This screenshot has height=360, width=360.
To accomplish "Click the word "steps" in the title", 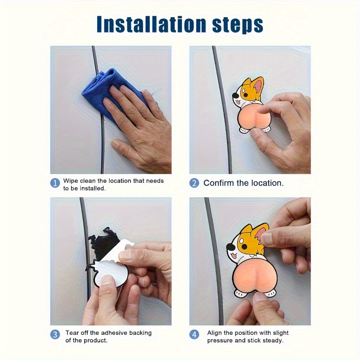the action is point(238,25).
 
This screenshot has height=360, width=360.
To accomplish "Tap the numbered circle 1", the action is point(55,183).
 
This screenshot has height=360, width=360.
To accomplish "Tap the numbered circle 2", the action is point(194,183).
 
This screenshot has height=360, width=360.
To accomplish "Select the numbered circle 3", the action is point(55,334).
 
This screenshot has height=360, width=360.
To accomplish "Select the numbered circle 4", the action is point(194,334).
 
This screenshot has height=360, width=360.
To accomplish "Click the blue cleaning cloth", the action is point(108,92).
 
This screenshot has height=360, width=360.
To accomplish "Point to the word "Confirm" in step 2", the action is point(218,183).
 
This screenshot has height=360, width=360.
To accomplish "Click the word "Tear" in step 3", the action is point(71,333).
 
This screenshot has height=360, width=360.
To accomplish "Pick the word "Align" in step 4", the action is point(215,333).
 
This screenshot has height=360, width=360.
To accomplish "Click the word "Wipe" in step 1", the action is point(71,181).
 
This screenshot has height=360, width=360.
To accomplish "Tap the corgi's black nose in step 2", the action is point(235,95).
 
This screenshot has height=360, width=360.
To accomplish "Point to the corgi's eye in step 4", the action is point(244,246).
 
